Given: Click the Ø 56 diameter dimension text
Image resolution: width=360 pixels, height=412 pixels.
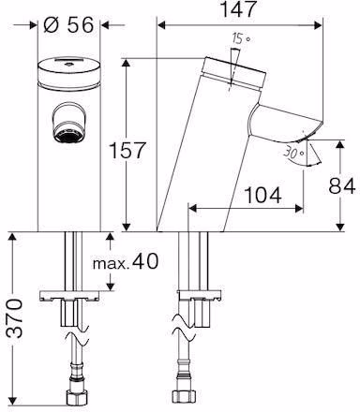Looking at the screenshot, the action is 68,24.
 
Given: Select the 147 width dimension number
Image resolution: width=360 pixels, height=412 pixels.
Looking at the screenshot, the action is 238,9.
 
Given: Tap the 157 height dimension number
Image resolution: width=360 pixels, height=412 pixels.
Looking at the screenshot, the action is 127,150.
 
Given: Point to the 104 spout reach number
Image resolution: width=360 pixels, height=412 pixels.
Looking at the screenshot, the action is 262,195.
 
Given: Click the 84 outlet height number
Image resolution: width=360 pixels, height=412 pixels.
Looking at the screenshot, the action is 342,186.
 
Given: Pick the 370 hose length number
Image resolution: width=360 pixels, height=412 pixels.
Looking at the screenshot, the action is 15,318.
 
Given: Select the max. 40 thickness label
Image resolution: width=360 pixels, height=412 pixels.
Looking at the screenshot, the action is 126,261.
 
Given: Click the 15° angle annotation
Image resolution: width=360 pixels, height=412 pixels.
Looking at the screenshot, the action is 241,38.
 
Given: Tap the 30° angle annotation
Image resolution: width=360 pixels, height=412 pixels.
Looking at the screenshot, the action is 293,153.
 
